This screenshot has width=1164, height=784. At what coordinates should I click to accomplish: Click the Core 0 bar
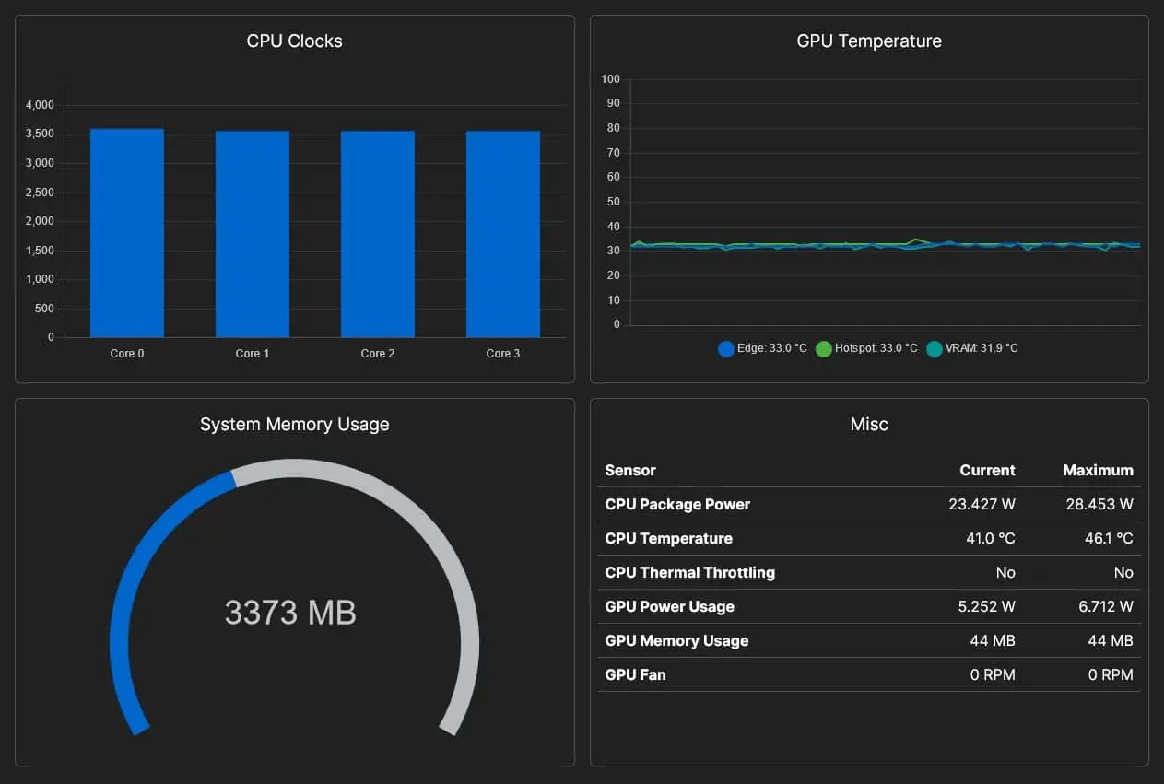pyautogui.click(x=127, y=233)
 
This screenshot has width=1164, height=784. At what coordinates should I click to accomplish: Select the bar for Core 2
pyautogui.click(x=378, y=234)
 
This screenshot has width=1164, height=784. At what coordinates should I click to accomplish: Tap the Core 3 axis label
pyautogui.click(x=502, y=353)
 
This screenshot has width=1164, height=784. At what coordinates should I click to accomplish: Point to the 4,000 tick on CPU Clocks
pyautogui.click(x=40, y=105)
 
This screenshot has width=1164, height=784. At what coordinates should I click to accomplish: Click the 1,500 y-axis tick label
pyautogui.click(x=40, y=251)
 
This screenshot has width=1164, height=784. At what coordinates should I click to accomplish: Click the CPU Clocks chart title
pyautogui.click(x=295, y=41)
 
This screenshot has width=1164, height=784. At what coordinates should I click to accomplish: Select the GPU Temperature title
pyautogui.click(x=869, y=41)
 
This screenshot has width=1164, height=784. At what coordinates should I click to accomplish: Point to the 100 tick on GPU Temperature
pyautogui.click(x=611, y=79)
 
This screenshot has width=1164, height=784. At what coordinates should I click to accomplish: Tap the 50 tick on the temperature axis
pyautogui.click(x=613, y=202)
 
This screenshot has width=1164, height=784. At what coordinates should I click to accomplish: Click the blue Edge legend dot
pyautogui.click(x=726, y=348)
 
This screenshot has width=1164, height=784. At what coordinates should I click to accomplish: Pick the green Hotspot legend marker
pyautogui.click(x=824, y=348)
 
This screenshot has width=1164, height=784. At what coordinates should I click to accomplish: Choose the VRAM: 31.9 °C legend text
pyautogui.click(x=982, y=348)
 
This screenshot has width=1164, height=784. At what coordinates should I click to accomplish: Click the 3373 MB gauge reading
pyautogui.click(x=290, y=612)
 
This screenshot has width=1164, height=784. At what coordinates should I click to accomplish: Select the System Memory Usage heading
pyautogui.click(x=295, y=425)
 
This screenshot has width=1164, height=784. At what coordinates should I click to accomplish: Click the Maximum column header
pyautogui.click(x=1098, y=470)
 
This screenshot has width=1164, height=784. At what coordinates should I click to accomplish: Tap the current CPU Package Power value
pyautogui.click(x=982, y=504)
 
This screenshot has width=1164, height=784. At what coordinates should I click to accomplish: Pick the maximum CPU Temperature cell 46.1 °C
pyautogui.click(x=1109, y=538)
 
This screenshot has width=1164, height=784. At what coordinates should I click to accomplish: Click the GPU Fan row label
pyautogui.click(x=635, y=674)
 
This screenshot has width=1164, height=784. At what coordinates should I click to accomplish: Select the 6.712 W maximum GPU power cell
pyautogui.click(x=1106, y=606)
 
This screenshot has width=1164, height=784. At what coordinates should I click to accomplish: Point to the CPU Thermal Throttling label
pyautogui.click(x=689, y=572)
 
